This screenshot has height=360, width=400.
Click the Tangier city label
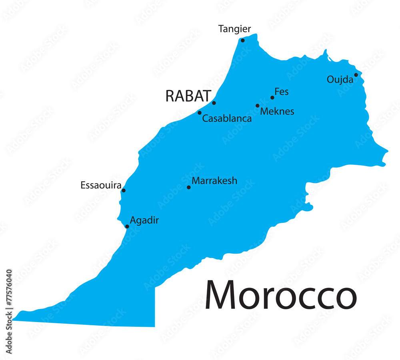click(234, 29)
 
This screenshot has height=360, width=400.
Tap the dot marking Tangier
click(242, 40)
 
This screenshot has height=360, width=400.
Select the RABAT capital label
click(188, 96)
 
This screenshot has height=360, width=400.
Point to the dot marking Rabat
click(214, 103)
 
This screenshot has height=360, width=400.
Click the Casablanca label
click(227, 118)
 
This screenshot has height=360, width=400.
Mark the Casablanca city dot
click(200, 113)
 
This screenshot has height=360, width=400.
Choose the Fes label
click(282, 92)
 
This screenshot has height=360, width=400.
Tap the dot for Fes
click(272, 98)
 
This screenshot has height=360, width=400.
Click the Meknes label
click(277, 112)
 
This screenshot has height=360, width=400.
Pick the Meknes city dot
click(258, 106)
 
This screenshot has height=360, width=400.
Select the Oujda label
click(340, 80)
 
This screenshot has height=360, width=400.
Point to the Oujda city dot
click(356, 75)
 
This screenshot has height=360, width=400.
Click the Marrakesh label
click(214, 181)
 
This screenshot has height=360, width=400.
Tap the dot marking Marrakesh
click(189, 187)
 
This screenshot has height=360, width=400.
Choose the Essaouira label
click(101, 185)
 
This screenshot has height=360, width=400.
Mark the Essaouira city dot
click(124, 190)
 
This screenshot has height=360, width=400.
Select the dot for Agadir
click(127, 226)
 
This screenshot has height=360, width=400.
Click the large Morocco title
click(280, 296)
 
